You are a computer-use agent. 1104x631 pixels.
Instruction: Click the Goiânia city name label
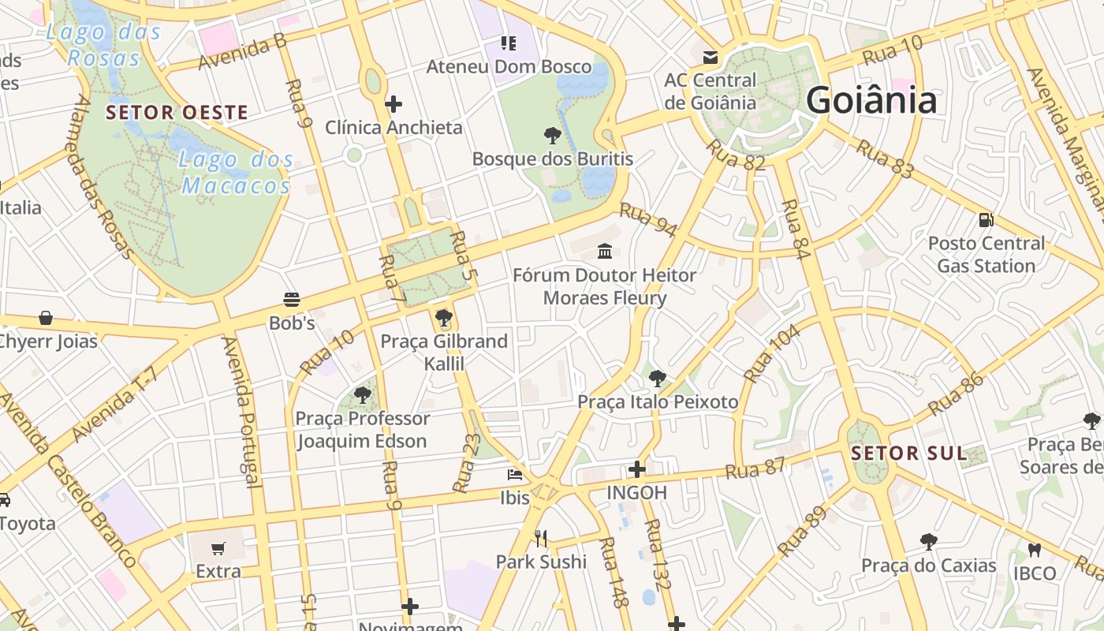871,100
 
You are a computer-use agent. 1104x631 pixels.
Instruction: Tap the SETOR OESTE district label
177,113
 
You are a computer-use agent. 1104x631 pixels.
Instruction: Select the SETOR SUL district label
908,454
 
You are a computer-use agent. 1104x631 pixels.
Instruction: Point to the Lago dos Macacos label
236,173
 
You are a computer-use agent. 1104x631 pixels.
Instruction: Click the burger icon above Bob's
292,300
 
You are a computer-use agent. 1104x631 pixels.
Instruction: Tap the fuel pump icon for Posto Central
986,220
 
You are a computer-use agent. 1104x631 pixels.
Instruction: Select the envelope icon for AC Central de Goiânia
711,58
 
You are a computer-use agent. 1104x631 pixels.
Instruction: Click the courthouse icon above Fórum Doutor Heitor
605,252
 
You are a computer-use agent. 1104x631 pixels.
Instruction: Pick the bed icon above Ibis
515,475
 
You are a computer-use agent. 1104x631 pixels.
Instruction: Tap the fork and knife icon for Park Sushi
541,539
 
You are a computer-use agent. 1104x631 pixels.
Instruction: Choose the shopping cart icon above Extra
218,548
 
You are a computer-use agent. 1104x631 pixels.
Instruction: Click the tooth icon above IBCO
1035,550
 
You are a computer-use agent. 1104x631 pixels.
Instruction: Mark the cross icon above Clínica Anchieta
393,104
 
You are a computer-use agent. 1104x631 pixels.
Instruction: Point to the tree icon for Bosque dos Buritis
553,136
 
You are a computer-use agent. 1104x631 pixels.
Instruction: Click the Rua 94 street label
648,220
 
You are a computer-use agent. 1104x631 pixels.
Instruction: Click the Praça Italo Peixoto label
658,402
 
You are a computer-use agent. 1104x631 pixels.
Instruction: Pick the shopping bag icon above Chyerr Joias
46,318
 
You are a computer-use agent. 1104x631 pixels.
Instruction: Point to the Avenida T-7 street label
115,405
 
